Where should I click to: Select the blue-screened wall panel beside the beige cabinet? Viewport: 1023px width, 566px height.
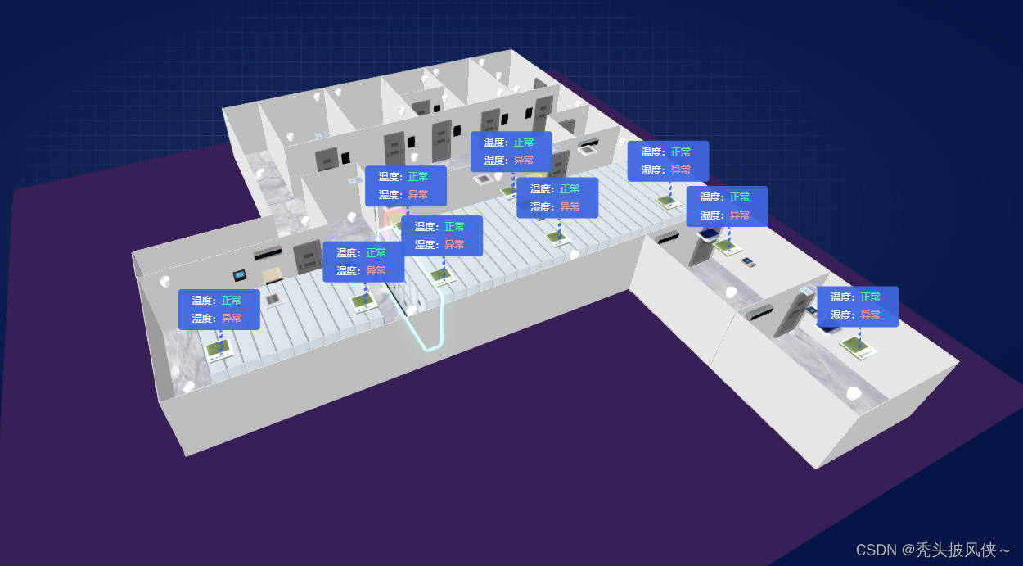pyautogui.click(x=240, y=274)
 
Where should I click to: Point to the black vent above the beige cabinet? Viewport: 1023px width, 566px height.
pyautogui.click(x=268, y=254)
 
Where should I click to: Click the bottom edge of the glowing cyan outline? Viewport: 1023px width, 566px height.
pyautogui.click(x=430, y=347)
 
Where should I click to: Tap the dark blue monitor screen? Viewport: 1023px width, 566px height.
pyautogui.click(x=706, y=234)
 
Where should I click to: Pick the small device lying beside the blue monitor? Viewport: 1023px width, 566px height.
pyautogui.click(x=747, y=262)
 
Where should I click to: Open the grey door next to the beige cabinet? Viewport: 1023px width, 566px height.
pyautogui.click(x=308, y=257)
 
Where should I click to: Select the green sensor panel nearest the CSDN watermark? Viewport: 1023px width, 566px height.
pyautogui.click(x=859, y=346)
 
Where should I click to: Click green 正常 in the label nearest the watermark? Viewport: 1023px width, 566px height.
pyautogui.click(x=870, y=297)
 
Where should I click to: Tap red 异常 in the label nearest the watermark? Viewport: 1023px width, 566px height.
pyautogui.click(x=870, y=315)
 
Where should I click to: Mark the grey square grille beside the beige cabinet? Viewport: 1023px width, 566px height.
pyautogui.click(x=273, y=300)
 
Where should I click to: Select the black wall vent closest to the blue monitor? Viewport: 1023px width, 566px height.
pyautogui.click(x=666, y=238)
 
